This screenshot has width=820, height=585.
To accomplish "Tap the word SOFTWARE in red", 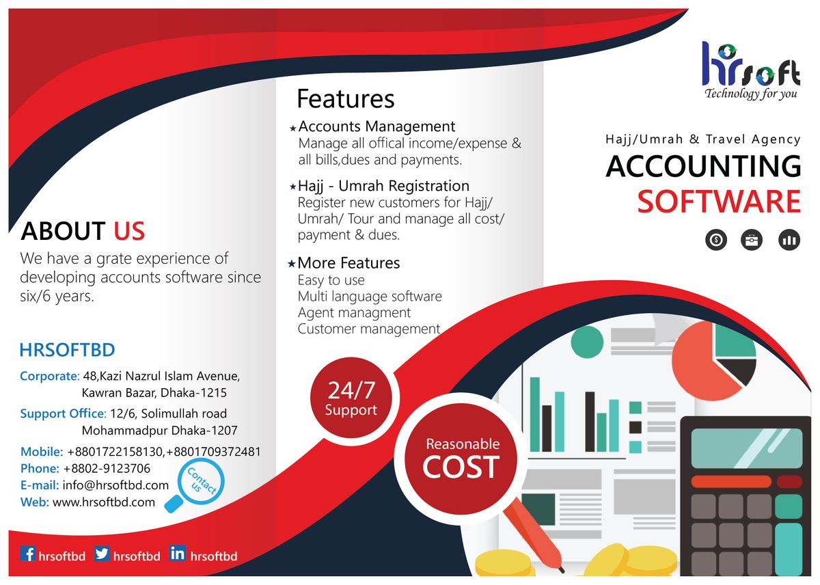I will tap(719, 202).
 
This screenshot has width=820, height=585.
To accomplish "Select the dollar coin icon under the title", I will tap(715, 240).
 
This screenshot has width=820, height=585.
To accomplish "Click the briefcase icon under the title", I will tap(752, 240).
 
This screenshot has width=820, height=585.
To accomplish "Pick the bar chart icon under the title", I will tap(789, 240).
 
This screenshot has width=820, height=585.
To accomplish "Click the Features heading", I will tap(345, 99).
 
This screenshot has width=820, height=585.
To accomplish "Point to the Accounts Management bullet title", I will tap(377, 126).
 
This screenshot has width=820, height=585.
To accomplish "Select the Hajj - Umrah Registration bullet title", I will tap(383, 186).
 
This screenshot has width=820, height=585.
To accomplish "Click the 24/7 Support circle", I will tap(351, 398).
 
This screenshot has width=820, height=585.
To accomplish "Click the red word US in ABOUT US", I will tap(129, 231).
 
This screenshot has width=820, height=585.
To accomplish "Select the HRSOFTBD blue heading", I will tap(67, 351).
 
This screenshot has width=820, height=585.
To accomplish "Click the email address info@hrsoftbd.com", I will tap(115, 485).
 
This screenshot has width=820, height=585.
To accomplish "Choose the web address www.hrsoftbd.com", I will tap(104, 502).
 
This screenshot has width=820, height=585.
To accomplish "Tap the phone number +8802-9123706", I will tap(107, 469).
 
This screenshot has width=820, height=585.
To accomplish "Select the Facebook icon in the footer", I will tap(27, 554).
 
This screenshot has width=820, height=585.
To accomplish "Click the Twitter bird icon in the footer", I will tap(102, 554).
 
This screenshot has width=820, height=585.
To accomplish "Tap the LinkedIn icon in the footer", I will tap(178, 554).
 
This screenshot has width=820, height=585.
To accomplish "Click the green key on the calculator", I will tap(789, 506).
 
